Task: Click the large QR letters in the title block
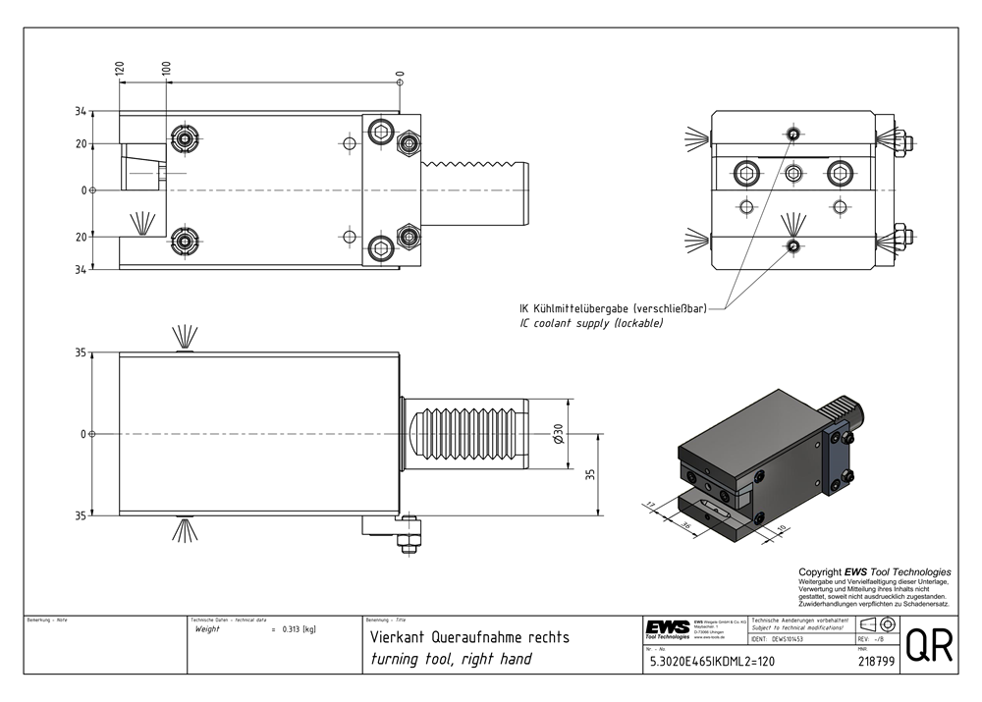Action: click(928, 645)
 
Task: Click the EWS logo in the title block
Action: click(668, 628)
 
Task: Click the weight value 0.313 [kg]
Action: click(298, 629)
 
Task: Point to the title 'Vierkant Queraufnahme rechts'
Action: click(468, 636)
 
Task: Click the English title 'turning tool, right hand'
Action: click(451, 659)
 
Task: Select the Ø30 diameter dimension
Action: click(558, 432)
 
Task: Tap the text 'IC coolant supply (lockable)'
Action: click(591, 322)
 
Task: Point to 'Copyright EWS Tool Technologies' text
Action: click(874, 571)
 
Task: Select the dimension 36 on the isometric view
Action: click(686, 526)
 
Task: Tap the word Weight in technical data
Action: click(208, 629)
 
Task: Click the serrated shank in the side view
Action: click(467, 433)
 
